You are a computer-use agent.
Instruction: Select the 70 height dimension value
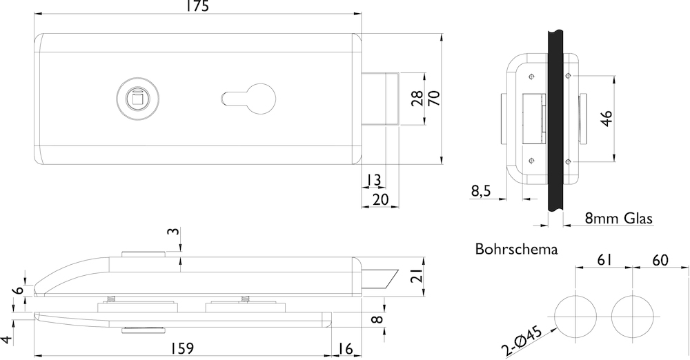[433, 98]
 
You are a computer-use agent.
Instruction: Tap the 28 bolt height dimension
[417, 98]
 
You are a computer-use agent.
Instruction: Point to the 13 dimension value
[373, 180]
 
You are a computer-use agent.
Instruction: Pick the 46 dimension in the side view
[607, 118]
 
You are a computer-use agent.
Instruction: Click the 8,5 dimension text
[481, 191]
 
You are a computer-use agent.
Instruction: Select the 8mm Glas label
[618, 219]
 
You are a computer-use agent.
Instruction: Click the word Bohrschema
[516, 249]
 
